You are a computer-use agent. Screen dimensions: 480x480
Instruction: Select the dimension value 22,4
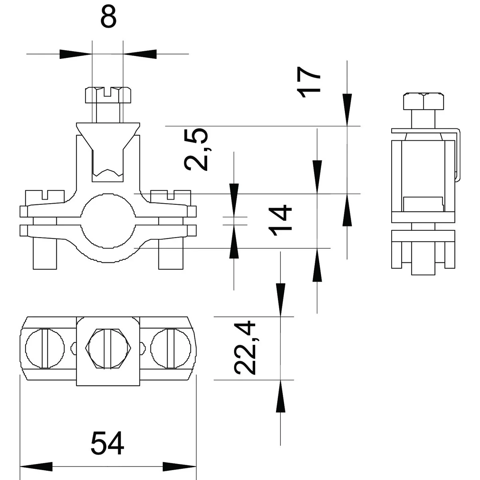click(245, 347)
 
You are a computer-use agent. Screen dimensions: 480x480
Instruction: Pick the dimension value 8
click(108, 16)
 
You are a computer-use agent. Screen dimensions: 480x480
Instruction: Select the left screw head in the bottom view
click(45, 348)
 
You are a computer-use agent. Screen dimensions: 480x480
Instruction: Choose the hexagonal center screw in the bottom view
click(108, 348)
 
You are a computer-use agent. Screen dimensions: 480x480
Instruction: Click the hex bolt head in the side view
click(424, 101)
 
